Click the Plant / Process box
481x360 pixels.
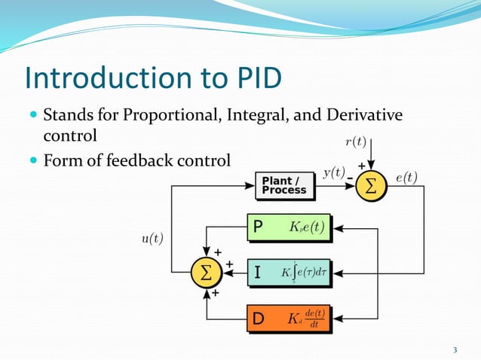click(x=284, y=186)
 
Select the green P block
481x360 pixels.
click(x=290, y=228)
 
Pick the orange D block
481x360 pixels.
click(x=290, y=319)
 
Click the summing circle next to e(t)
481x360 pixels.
click(x=370, y=186)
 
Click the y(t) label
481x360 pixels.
click(x=335, y=172)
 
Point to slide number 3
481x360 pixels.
click(x=455, y=349)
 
